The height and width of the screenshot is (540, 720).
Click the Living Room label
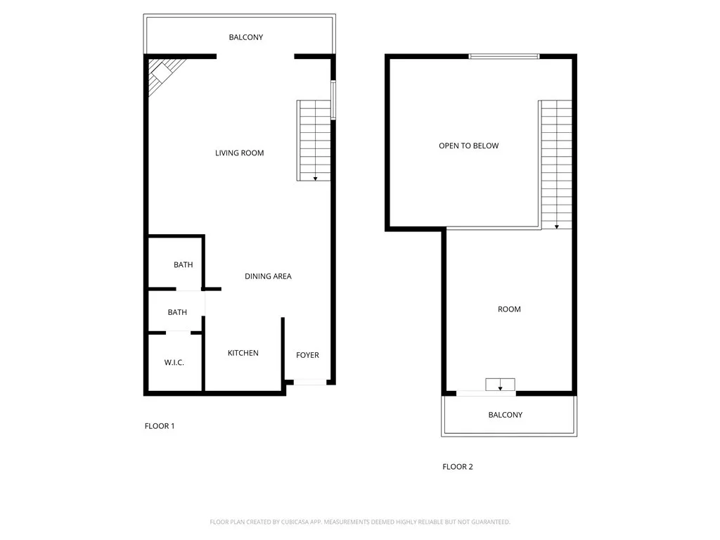(x=239, y=153)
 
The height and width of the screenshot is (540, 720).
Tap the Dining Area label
(x=268, y=276)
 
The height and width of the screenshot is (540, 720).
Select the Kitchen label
(x=243, y=353)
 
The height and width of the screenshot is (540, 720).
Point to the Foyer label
(x=307, y=355)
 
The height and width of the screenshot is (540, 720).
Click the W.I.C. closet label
(x=174, y=363)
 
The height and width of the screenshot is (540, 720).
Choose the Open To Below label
(x=468, y=146)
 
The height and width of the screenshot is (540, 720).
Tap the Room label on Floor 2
(x=509, y=309)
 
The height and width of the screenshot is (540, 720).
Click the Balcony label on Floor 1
(x=246, y=37)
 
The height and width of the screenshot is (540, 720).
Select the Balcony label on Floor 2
(x=506, y=415)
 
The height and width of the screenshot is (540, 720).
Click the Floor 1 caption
(x=159, y=426)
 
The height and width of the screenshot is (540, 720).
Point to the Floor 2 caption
(x=457, y=467)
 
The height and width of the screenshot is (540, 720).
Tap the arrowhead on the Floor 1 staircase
(x=315, y=179)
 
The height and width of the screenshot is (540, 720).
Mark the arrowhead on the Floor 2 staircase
(x=556, y=226)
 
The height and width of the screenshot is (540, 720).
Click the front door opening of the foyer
(x=310, y=382)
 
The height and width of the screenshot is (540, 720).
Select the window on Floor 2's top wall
(x=504, y=56)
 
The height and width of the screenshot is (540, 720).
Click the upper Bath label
(x=183, y=265)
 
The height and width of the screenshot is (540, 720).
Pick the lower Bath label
(x=177, y=312)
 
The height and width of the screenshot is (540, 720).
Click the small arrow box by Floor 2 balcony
(x=500, y=385)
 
